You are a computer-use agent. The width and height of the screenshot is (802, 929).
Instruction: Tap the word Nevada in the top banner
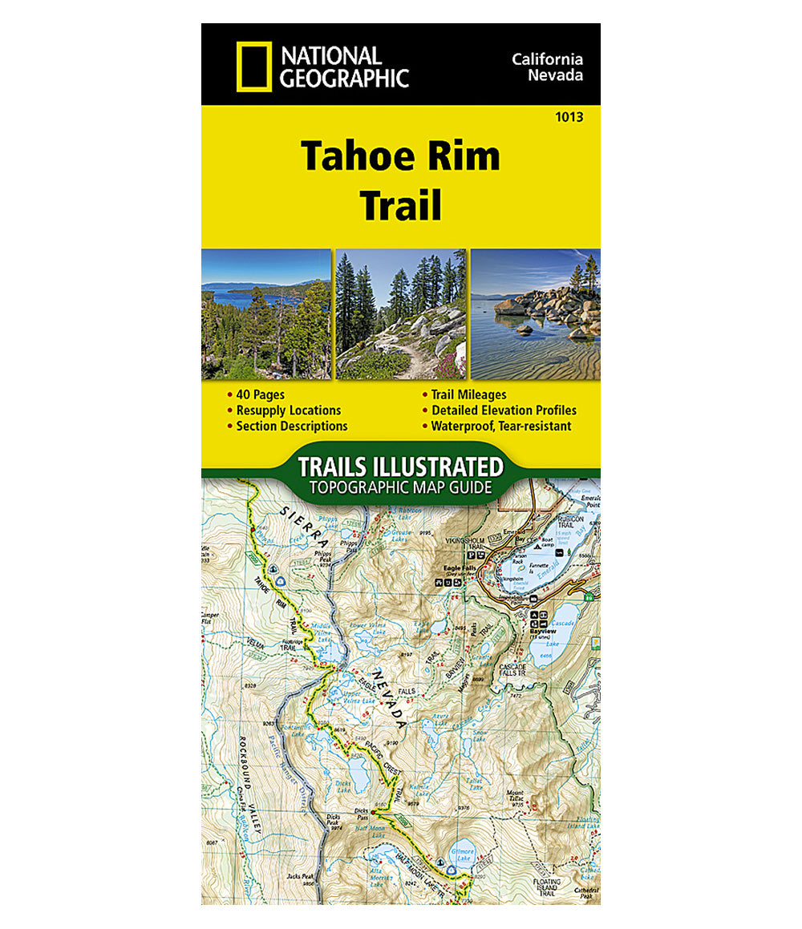pyautogui.click(x=555, y=76)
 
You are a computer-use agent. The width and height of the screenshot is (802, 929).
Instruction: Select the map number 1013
pyautogui.click(x=568, y=117)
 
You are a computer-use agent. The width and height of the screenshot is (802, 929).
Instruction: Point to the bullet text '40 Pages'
pyautogui.click(x=260, y=394)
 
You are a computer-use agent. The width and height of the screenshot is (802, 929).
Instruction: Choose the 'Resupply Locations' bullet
pyautogui.click(x=288, y=410)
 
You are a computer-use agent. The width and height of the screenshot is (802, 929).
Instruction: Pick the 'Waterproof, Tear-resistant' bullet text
pyautogui.click(x=501, y=426)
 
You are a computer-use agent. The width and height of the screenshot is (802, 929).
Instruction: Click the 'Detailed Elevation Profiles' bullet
pyautogui.click(x=504, y=410)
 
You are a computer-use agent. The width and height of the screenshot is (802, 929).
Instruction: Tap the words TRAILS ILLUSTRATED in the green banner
pyautogui.click(x=400, y=467)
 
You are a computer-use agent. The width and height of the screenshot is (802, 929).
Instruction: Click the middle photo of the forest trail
pyautogui.click(x=400, y=314)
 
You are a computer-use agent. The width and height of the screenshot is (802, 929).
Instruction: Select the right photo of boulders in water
pyautogui.click(x=535, y=314)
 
